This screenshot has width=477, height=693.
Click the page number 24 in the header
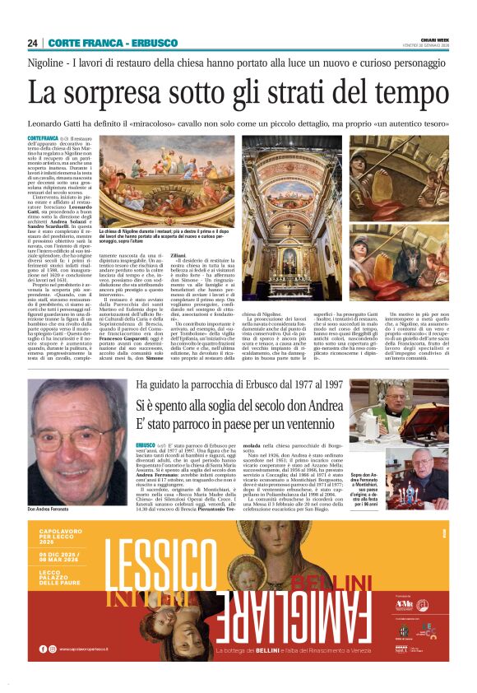click(x=32, y=42)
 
